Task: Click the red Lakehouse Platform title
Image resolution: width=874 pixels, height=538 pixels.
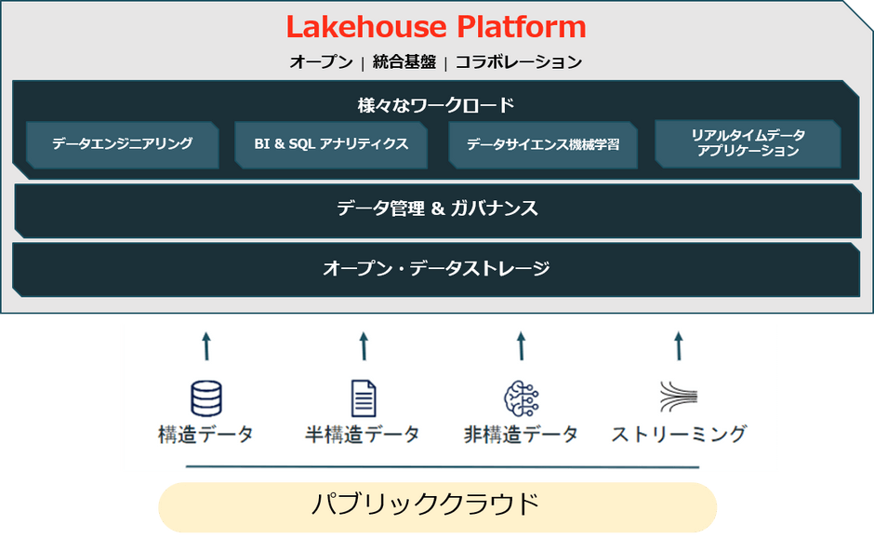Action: click(436, 27)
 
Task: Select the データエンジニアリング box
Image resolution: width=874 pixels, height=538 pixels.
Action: click(123, 144)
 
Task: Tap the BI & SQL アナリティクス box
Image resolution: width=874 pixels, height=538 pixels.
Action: click(331, 144)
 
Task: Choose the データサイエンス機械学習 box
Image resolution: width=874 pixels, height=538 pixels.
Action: click(543, 144)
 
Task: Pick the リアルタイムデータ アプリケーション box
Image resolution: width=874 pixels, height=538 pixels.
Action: click(748, 143)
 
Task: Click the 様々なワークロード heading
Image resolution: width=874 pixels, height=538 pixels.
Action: click(436, 105)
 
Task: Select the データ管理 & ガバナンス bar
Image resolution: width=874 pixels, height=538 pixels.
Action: click(438, 210)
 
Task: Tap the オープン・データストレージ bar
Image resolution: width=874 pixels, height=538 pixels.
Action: click(436, 269)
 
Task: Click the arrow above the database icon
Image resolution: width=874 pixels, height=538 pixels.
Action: click(206, 346)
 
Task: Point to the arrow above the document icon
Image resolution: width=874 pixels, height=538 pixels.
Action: click(364, 346)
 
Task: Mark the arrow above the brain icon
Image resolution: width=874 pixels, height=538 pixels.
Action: click(522, 346)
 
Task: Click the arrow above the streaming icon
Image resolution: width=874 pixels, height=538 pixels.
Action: click(679, 346)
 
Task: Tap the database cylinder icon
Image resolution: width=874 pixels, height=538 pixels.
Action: click(206, 398)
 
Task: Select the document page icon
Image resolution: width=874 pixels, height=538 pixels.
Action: click(364, 398)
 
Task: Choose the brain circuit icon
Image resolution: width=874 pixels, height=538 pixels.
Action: click(522, 398)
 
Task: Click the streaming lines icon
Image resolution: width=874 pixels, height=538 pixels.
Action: click(679, 397)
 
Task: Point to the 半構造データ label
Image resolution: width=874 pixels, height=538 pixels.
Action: click(363, 434)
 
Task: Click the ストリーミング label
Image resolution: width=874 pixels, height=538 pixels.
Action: click(679, 434)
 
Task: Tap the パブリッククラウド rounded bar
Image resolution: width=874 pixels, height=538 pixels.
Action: click(438, 507)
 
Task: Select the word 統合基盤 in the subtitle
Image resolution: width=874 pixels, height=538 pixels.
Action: click(404, 61)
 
